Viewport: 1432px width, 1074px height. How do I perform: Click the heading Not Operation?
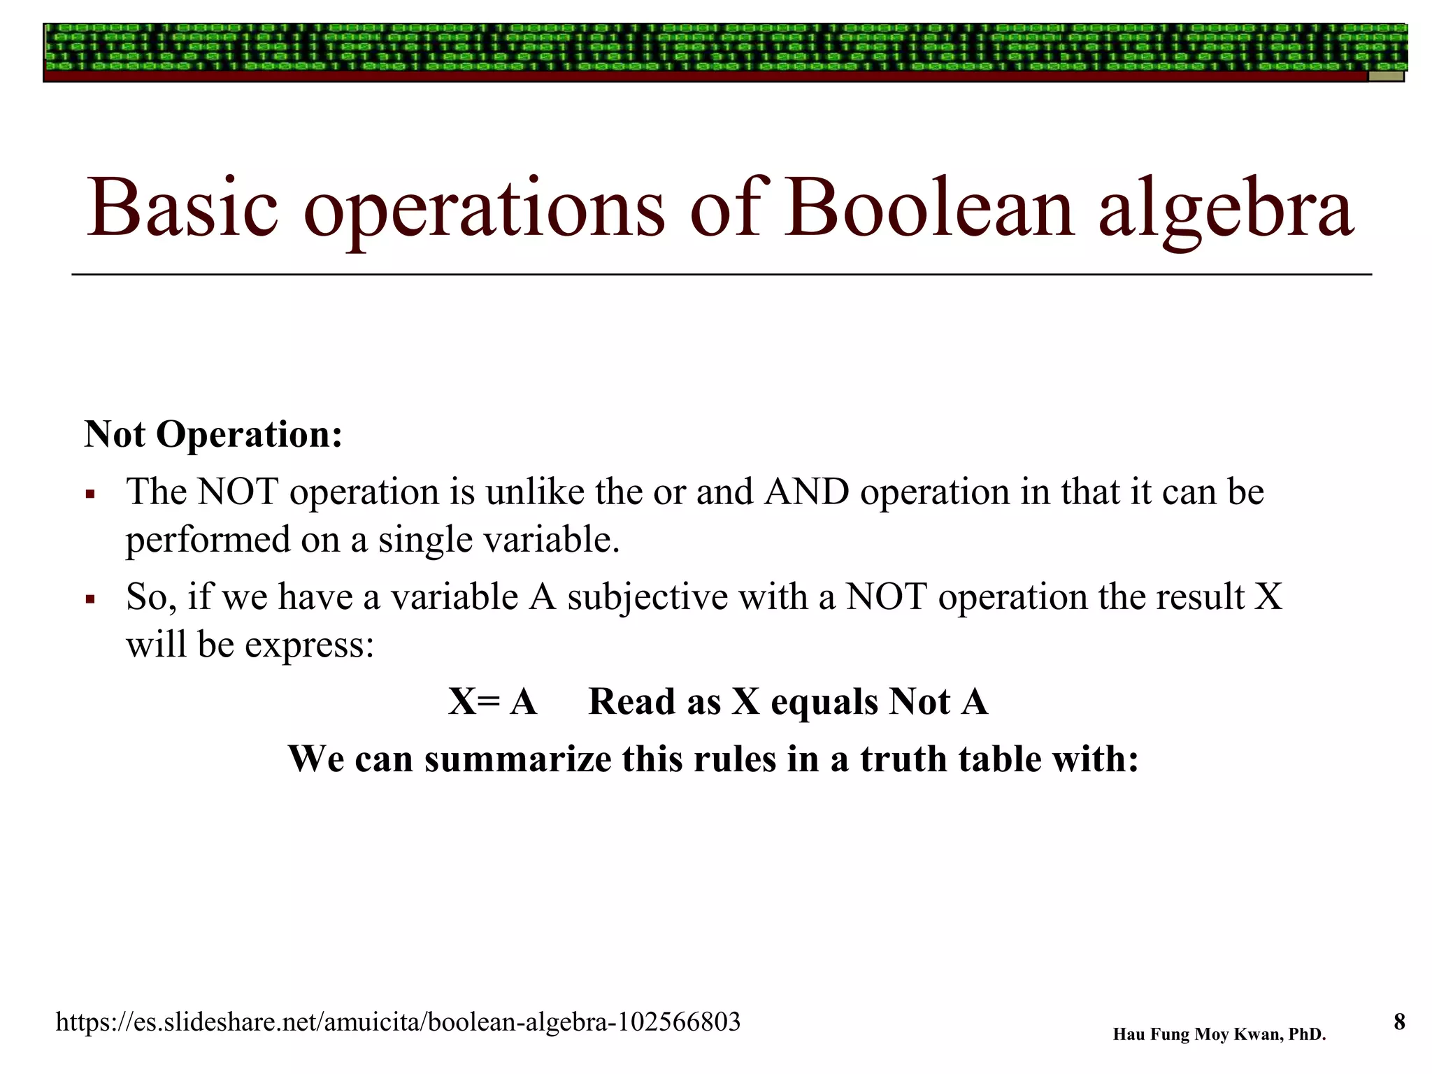[213, 434]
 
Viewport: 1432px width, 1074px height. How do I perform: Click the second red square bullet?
[89, 600]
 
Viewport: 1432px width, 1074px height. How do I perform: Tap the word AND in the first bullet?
[806, 492]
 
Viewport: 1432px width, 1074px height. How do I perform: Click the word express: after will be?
[310, 645]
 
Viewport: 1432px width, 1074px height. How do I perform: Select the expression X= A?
[492, 702]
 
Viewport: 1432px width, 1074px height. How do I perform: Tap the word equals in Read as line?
[824, 702]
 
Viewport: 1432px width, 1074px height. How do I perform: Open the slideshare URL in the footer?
[398, 1022]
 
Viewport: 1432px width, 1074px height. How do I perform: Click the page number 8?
[1399, 1022]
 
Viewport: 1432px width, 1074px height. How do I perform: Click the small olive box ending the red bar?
[1386, 76]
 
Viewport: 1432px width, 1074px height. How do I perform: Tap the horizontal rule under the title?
[720, 275]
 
